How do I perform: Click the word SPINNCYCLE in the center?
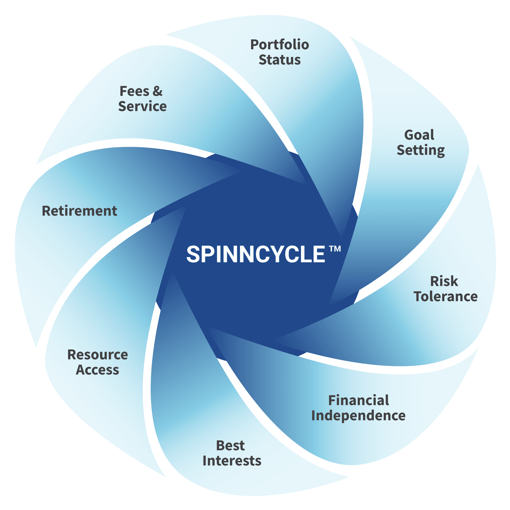click(x=256, y=254)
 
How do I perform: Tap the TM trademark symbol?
click(x=335, y=249)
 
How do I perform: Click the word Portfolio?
click(x=279, y=45)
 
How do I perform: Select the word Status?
click(x=279, y=60)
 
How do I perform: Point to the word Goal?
click(x=419, y=135)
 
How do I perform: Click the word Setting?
click(x=420, y=150)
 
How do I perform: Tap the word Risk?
click(x=444, y=281)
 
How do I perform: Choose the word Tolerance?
click(x=446, y=296)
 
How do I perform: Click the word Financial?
click(x=358, y=400)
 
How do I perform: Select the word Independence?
click(x=358, y=416)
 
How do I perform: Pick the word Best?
click(x=230, y=446)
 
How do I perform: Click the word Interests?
click(x=232, y=461)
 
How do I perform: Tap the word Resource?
click(x=98, y=355)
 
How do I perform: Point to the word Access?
click(x=97, y=370)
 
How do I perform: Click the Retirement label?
click(x=79, y=211)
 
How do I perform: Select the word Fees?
click(x=134, y=91)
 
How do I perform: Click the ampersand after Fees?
click(x=157, y=91)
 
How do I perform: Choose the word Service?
click(x=142, y=106)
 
